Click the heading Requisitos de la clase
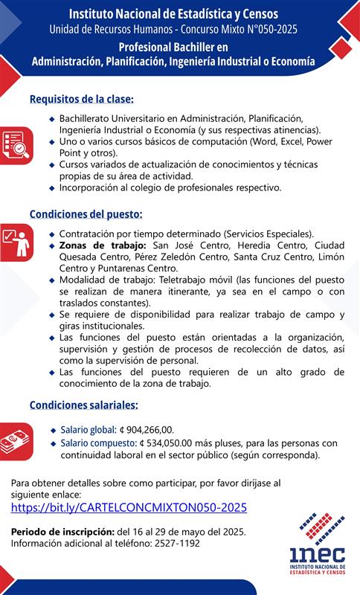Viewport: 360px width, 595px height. point(81,99)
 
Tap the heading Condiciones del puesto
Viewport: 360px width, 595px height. point(86,214)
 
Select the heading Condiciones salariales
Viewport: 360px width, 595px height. point(83,405)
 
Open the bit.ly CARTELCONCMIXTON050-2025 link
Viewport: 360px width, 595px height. point(129,508)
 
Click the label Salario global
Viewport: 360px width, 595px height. point(88,429)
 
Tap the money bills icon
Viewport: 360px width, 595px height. point(15,440)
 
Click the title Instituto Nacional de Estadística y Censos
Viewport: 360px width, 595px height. point(173,14)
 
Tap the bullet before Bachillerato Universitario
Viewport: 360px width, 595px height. point(51,118)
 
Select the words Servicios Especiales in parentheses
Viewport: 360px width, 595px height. point(274,234)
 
